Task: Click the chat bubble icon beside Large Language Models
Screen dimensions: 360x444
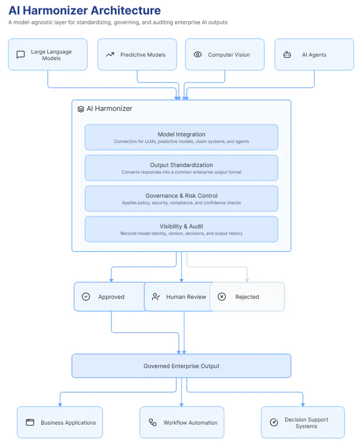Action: [21, 54]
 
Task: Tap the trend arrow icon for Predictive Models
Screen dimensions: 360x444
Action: [110, 54]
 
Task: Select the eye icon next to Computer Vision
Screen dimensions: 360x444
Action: [198, 54]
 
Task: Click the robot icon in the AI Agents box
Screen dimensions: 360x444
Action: [287, 54]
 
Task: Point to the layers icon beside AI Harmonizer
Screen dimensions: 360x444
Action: [81, 109]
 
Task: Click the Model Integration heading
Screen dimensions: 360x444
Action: [182, 134]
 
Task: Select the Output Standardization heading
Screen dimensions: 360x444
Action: [181, 165]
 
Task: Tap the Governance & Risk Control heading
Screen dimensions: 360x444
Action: [182, 196]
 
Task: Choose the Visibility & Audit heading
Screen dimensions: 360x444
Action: [181, 226]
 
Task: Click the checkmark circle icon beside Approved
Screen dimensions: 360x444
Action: [86, 297]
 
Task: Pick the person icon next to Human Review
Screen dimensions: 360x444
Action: [156, 297]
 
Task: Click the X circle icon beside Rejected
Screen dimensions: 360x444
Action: [222, 297]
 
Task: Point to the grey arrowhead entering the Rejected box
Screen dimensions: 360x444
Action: [247, 280]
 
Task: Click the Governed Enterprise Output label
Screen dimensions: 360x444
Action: [181, 366]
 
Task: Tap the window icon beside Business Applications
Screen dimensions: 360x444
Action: [30, 422]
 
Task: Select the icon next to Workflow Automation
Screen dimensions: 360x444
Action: [153, 422]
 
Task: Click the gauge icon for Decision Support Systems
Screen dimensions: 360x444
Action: [274, 422]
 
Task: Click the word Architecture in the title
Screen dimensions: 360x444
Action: [126, 10]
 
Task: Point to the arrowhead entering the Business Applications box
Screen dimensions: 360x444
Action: [60, 405]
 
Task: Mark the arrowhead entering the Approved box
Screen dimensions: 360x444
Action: [111, 280]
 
